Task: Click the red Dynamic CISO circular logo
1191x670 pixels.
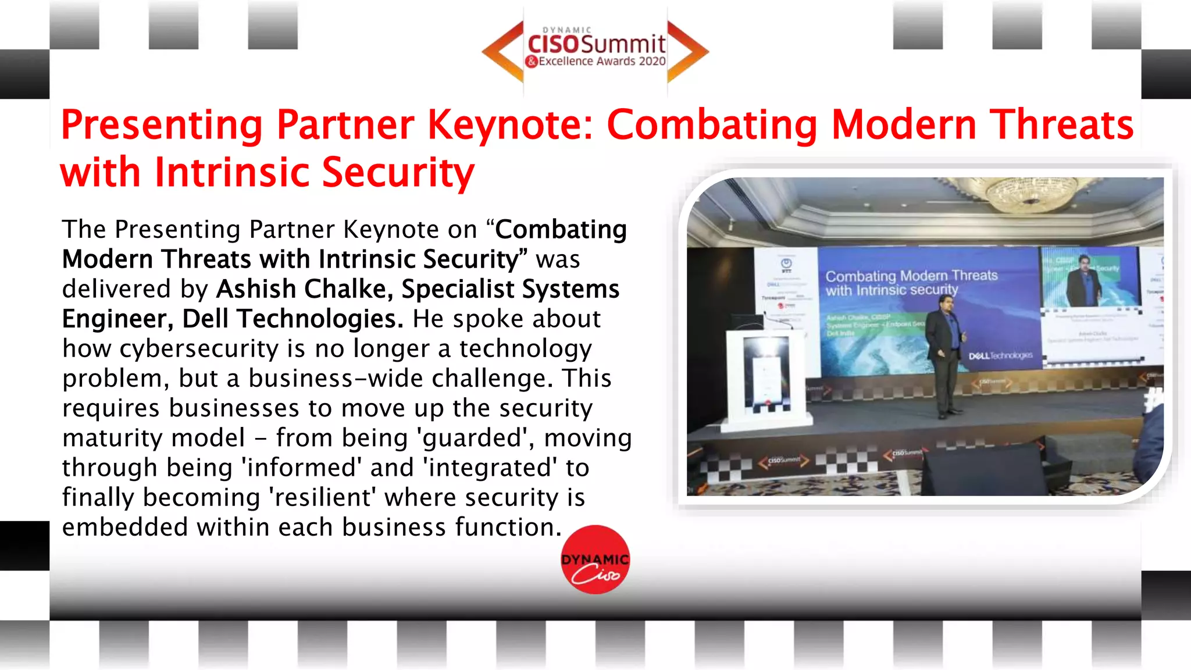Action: (x=595, y=559)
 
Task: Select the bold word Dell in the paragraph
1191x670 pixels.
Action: (x=205, y=319)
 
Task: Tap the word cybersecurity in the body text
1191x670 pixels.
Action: (x=199, y=348)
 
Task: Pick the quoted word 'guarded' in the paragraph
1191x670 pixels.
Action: (x=472, y=438)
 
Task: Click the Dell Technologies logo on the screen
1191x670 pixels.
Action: (x=1000, y=355)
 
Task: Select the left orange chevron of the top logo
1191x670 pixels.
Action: (x=503, y=51)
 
